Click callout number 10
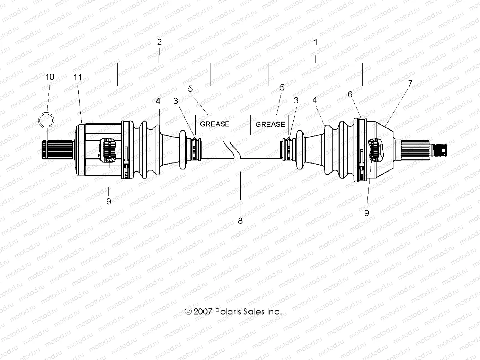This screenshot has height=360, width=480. [x=50, y=77]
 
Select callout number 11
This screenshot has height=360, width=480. [x=78, y=77]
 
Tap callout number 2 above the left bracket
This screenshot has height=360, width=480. [x=159, y=42]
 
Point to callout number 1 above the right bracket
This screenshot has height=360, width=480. [x=315, y=42]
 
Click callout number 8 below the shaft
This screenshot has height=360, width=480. [x=240, y=220]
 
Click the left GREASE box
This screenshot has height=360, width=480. [x=215, y=124]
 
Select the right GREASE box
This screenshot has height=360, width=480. [x=269, y=124]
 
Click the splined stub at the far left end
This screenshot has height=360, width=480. [x=57, y=150]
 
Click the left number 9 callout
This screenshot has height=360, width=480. [x=109, y=201]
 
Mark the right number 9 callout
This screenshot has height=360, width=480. [x=367, y=213]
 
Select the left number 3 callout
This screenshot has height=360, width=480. [x=176, y=100]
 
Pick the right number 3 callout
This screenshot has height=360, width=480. [x=296, y=100]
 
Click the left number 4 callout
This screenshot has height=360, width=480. [x=158, y=101]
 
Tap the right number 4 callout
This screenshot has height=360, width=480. [x=314, y=100]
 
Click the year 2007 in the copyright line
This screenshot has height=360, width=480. [x=203, y=311]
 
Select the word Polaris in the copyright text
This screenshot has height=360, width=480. [x=228, y=311]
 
